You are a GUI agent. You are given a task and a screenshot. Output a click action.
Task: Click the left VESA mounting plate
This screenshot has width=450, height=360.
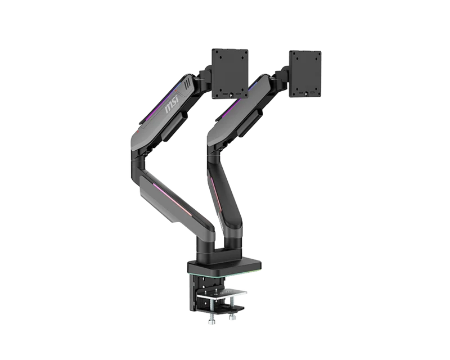230,74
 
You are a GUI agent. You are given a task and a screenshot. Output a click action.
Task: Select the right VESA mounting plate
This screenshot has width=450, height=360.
305,74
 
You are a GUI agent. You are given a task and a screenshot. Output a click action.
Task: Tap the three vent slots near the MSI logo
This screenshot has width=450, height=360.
187,83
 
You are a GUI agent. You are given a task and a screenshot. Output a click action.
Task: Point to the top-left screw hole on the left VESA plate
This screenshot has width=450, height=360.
217,52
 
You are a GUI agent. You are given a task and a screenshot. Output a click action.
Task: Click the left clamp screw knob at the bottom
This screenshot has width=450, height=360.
211,319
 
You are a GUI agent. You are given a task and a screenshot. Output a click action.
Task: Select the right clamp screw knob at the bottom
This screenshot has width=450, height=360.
232,316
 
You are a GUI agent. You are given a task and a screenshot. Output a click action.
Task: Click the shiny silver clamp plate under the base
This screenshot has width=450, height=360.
222,294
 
